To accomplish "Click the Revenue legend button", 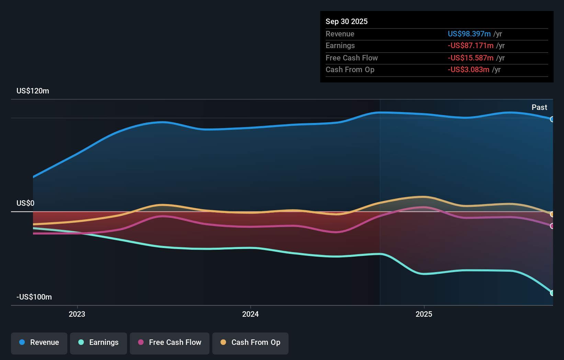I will pos(39,343).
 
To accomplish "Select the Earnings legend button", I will pos(99,343).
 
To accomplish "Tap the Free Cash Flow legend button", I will pos(170,343).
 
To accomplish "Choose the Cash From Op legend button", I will pos(250,343).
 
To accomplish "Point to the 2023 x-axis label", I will pos(77,314).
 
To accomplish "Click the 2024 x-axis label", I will pos(250,314).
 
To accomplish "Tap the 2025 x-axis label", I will pos(424,314).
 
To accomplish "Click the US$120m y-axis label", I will pos(33,91).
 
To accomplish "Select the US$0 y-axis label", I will pos(25,203).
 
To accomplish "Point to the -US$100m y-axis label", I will pos(34,297).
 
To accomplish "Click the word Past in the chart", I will pos(539,108).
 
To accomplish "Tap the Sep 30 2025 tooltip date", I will pos(346,22).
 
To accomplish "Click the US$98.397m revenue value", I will pos(469,34).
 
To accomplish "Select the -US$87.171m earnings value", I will pos(470,46).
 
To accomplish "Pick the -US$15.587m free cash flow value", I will pos(470,58).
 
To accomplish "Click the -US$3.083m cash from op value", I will pos(468,70).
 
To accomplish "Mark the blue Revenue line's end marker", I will pos(552,119).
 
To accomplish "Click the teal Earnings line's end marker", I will pos(552,293).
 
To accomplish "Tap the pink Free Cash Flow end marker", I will pos(552,226).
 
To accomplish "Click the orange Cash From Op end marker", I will pos(552,214).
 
